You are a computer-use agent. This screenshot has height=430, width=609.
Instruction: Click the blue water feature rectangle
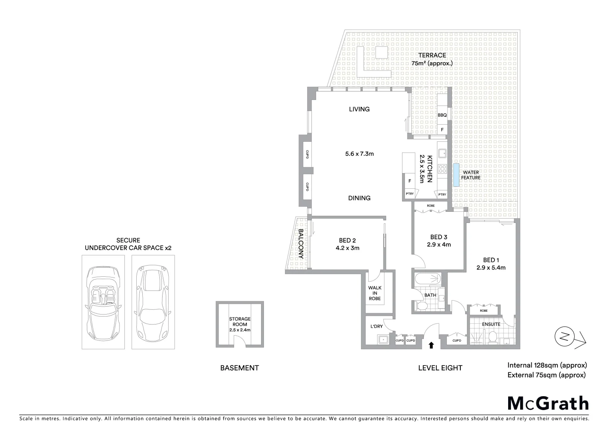click(456, 175)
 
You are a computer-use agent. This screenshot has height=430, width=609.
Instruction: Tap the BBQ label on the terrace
click(442, 115)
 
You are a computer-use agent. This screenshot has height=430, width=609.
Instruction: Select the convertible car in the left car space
click(103, 301)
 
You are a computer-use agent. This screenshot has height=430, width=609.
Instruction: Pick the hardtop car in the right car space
click(152, 301)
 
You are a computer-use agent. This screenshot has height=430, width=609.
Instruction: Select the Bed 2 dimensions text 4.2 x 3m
click(347, 248)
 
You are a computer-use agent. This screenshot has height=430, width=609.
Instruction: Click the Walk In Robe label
click(375, 293)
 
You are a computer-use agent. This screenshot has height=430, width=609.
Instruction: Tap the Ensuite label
click(491, 324)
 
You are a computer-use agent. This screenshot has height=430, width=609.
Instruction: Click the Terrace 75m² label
click(432, 59)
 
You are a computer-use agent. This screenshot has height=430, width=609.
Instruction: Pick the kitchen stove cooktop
click(442, 168)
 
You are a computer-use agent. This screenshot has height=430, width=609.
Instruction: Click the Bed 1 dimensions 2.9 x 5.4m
click(491, 268)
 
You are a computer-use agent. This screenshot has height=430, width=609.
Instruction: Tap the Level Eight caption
click(440, 368)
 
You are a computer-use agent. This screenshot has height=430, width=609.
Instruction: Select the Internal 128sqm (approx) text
click(547, 365)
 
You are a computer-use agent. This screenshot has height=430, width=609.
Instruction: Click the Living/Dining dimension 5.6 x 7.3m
click(359, 154)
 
